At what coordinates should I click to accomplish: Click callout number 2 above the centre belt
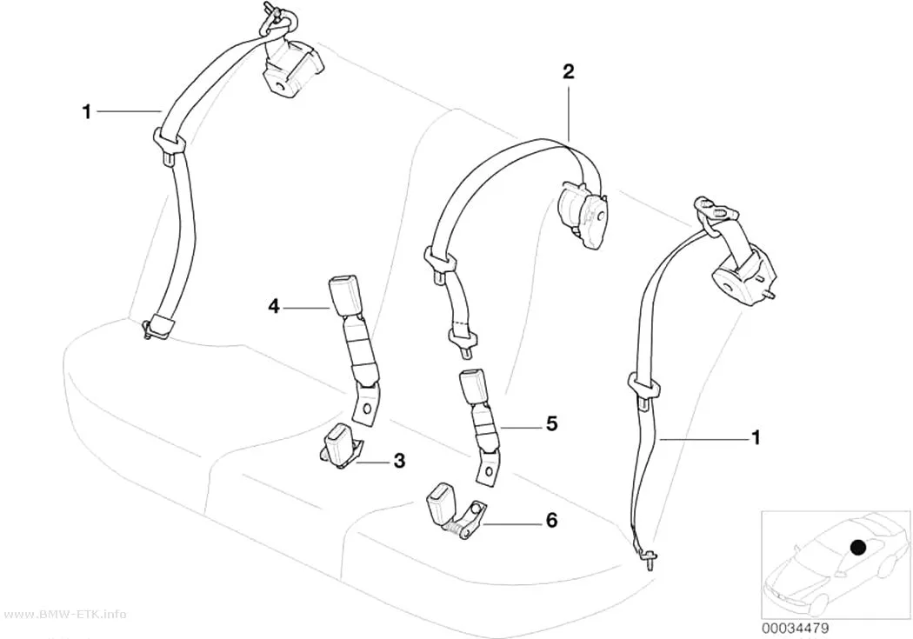[x=568, y=71]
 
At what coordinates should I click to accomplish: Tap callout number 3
[x=399, y=461]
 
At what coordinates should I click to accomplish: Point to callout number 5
[x=551, y=423]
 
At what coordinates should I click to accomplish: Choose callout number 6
[x=550, y=520]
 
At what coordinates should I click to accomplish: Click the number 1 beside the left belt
[x=87, y=111]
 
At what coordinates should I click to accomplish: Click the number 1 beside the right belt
[x=756, y=437]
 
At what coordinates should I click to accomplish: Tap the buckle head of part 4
[x=346, y=296]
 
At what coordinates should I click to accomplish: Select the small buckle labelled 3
[x=338, y=444]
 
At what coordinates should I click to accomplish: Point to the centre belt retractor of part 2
[x=583, y=213]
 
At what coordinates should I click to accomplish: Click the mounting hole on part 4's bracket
[x=367, y=406]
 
